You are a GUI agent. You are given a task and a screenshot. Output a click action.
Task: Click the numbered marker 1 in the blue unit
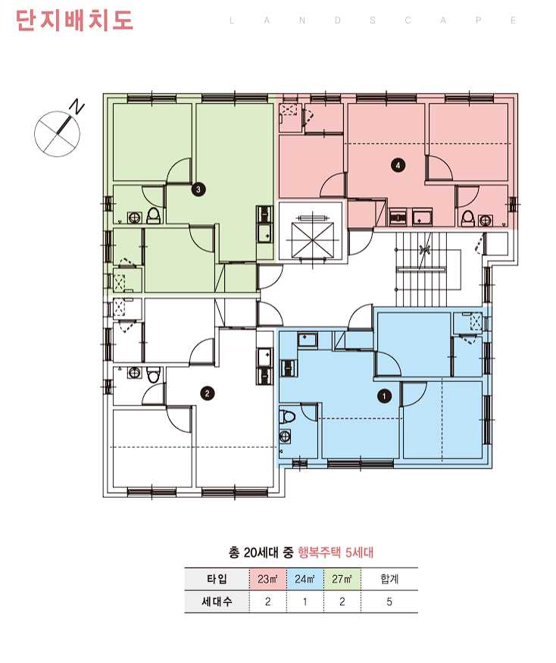(384, 396)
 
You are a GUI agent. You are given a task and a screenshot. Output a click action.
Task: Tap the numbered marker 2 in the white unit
(207, 394)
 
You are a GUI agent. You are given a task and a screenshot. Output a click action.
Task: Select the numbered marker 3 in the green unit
(198, 189)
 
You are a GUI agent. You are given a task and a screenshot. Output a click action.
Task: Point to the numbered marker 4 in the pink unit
(398, 165)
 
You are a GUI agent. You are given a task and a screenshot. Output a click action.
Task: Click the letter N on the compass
(77, 107)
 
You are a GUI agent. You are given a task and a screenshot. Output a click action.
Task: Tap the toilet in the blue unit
(288, 416)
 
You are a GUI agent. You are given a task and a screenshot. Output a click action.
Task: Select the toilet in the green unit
(154, 216)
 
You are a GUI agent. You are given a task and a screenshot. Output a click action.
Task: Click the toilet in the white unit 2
(153, 375)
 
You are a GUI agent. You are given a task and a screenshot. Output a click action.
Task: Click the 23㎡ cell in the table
(267, 579)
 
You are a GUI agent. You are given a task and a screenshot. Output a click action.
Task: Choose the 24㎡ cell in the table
(305, 579)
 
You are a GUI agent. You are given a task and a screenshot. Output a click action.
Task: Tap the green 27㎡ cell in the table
(342, 579)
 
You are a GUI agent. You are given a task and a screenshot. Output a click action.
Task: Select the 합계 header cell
(389, 579)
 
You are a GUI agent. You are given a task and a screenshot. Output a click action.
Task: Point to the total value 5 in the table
(389, 602)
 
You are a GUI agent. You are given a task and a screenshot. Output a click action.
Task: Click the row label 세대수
(217, 602)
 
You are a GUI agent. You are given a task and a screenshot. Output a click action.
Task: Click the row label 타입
(217, 579)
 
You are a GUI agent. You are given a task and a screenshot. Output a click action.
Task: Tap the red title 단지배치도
(74, 20)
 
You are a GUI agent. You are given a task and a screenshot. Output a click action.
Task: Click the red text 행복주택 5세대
(336, 552)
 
